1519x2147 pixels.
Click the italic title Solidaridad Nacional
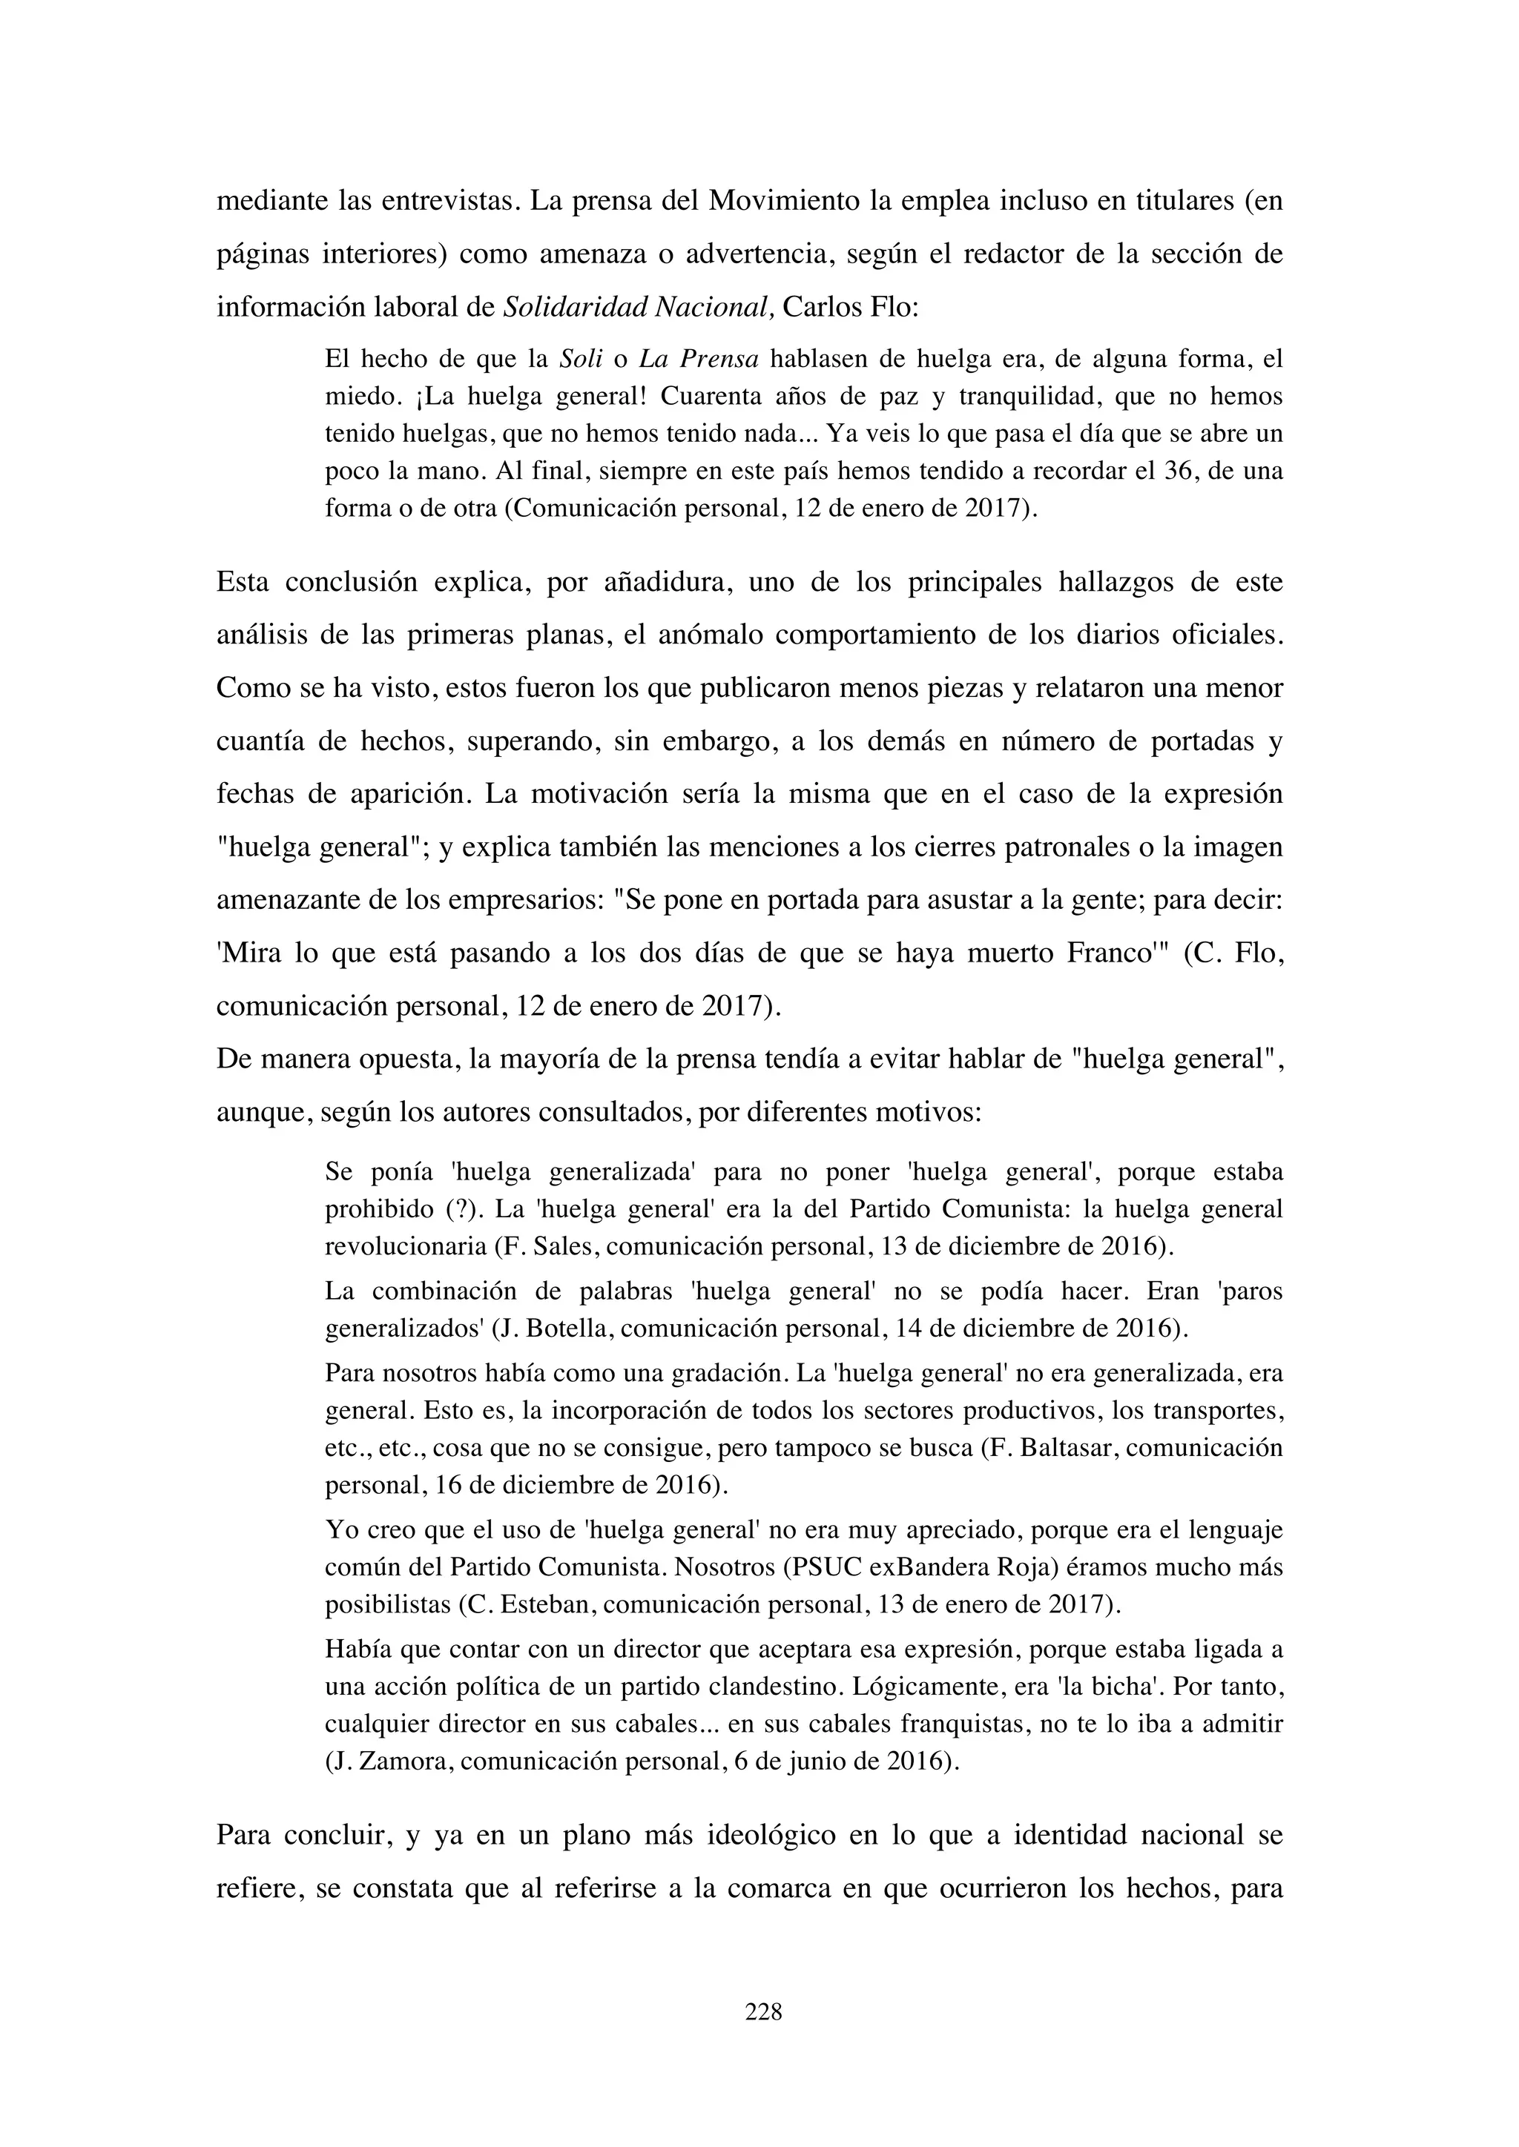pyautogui.click(x=638, y=308)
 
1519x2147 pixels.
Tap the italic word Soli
pyautogui.click(x=580, y=359)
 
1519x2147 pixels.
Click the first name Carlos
pyautogui.click(x=823, y=308)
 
